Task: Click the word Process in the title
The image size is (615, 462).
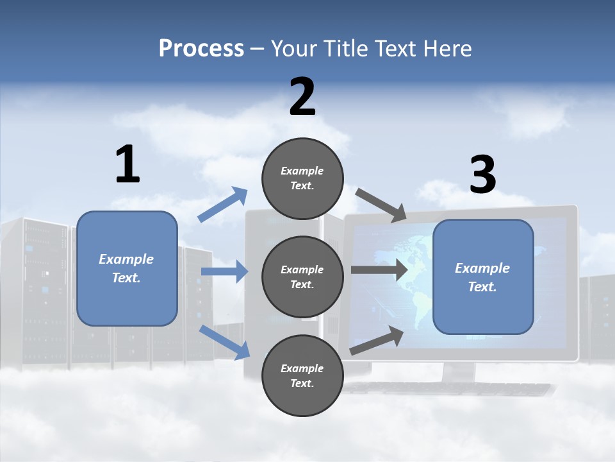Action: pyautogui.click(x=201, y=49)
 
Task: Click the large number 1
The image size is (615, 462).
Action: pyautogui.click(x=127, y=164)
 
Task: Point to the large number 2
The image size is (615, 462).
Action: pyautogui.click(x=302, y=97)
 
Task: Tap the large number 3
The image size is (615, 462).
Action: pyautogui.click(x=482, y=175)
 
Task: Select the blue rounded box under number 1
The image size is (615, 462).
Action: pyautogui.click(x=127, y=268)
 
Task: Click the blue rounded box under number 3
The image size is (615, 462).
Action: pyautogui.click(x=483, y=277)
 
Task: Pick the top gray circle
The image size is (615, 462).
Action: pyautogui.click(x=302, y=178)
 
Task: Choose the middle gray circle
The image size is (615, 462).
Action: pyautogui.click(x=302, y=277)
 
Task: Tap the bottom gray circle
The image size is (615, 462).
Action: pyautogui.click(x=302, y=375)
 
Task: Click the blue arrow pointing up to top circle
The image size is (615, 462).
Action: pyautogui.click(x=222, y=205)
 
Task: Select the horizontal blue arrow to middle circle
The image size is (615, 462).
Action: pyautogui.click(x=224, y=272)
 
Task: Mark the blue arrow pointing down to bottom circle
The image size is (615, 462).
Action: pyautogui.click(x=224, y=341)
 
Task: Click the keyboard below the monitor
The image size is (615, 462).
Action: pyautogui.click(x=448, y=389)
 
